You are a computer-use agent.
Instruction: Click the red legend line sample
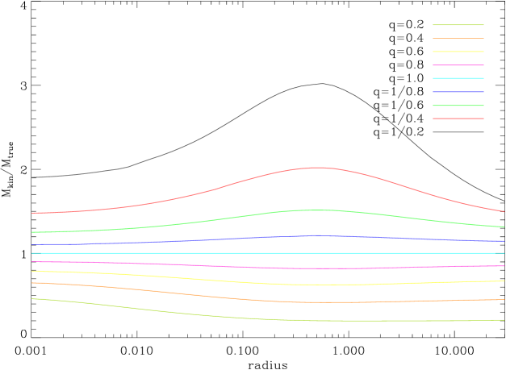click(458, 118)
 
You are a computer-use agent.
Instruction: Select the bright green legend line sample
click(458, 106)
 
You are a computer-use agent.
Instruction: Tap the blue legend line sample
click(458, 92)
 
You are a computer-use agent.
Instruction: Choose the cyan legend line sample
click(458, 78)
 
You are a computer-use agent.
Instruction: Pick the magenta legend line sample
click(458, 65)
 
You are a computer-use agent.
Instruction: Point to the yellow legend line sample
click(458, 52)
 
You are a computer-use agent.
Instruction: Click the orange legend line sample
click(458, 39)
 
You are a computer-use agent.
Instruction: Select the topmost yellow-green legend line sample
click(458, 25)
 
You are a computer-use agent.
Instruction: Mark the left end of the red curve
click(32, 213)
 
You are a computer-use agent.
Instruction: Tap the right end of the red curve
click(504, 211)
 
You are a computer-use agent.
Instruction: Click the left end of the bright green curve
click(32, 232)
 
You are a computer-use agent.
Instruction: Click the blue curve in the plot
click(242, 238)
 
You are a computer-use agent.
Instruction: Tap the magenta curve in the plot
click(242, 267)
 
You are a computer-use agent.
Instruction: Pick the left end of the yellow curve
click(32, 272)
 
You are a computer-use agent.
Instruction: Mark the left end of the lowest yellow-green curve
click(32, 299)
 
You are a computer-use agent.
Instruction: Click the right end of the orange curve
click(504, 299)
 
